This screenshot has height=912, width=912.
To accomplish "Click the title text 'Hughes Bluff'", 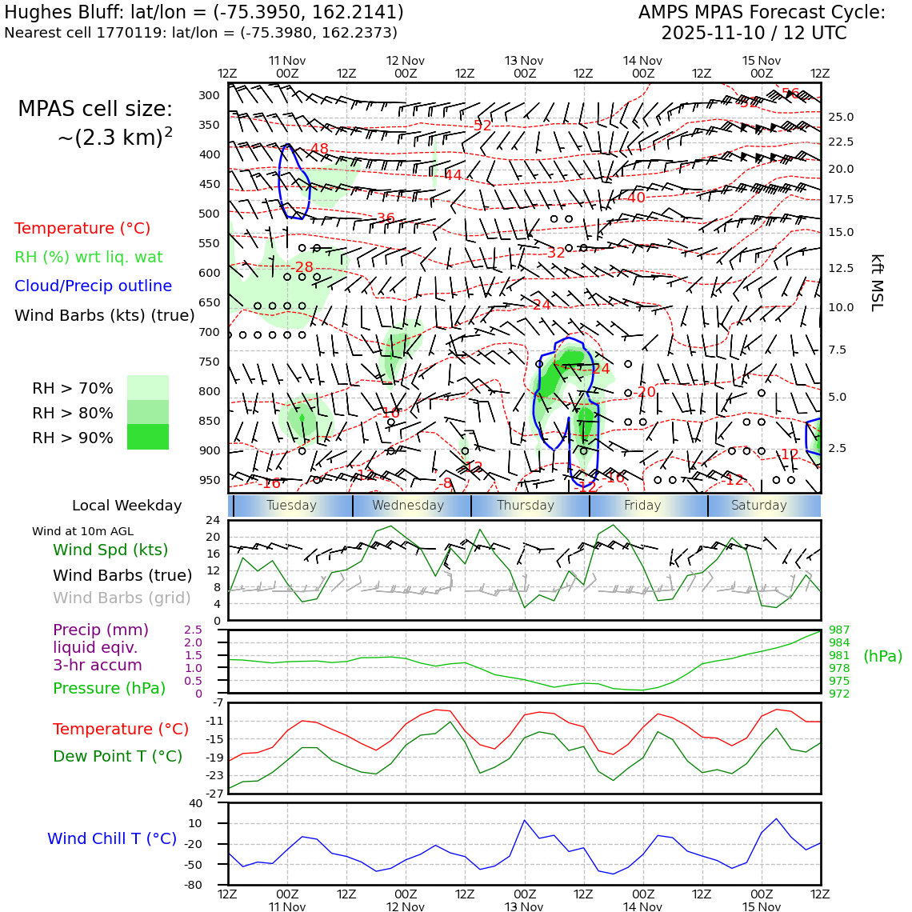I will (52, 13).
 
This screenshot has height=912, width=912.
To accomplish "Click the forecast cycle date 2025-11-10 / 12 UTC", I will (754, 34).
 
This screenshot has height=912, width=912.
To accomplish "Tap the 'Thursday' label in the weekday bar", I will (526, 506).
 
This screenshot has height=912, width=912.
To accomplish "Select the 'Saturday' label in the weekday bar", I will (759, 506).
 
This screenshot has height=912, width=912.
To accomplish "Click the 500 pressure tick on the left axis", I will (209, 214).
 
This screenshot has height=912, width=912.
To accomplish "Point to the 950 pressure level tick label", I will (209, 480).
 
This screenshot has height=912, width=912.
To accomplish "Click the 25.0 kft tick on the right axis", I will (841, 117).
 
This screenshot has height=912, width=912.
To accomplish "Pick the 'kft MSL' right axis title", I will (877, 282).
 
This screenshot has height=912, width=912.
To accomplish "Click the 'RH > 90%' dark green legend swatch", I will (148, 437).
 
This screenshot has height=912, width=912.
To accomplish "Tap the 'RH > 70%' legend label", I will (73, 389).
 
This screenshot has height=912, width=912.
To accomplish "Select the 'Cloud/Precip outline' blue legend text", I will (93, 286).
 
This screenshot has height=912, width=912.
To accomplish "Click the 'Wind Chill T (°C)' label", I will (112, 838).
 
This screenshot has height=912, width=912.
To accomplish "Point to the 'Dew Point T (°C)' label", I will (118, 756).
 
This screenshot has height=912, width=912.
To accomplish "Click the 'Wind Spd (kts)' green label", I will (110, 550).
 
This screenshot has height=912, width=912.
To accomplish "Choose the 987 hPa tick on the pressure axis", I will (839, 630).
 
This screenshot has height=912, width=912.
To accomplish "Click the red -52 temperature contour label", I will (482, 126).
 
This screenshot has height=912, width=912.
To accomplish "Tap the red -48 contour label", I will (319, 149).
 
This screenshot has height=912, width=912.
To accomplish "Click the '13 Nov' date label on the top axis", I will (524, 61).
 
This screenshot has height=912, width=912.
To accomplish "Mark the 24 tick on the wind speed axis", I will (213, 520).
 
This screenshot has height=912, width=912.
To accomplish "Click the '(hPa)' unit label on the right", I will (882, 656).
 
